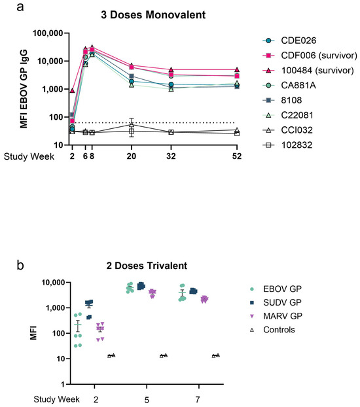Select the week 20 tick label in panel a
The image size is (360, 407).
tap(132, 157)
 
